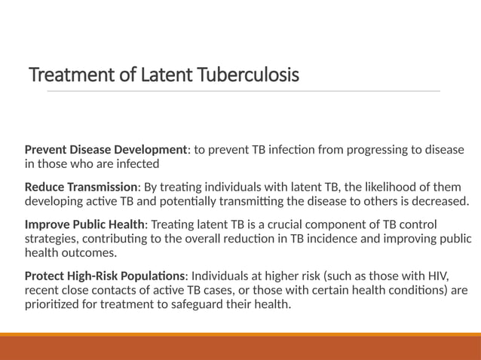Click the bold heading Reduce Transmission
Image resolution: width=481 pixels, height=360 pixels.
point(81,187)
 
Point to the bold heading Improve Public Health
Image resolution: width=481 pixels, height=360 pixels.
point(84,225)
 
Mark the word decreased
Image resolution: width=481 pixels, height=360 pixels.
point(438,200)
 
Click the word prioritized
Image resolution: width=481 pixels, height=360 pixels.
point(54,303)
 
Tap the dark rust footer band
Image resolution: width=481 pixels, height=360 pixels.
point(240,348)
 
